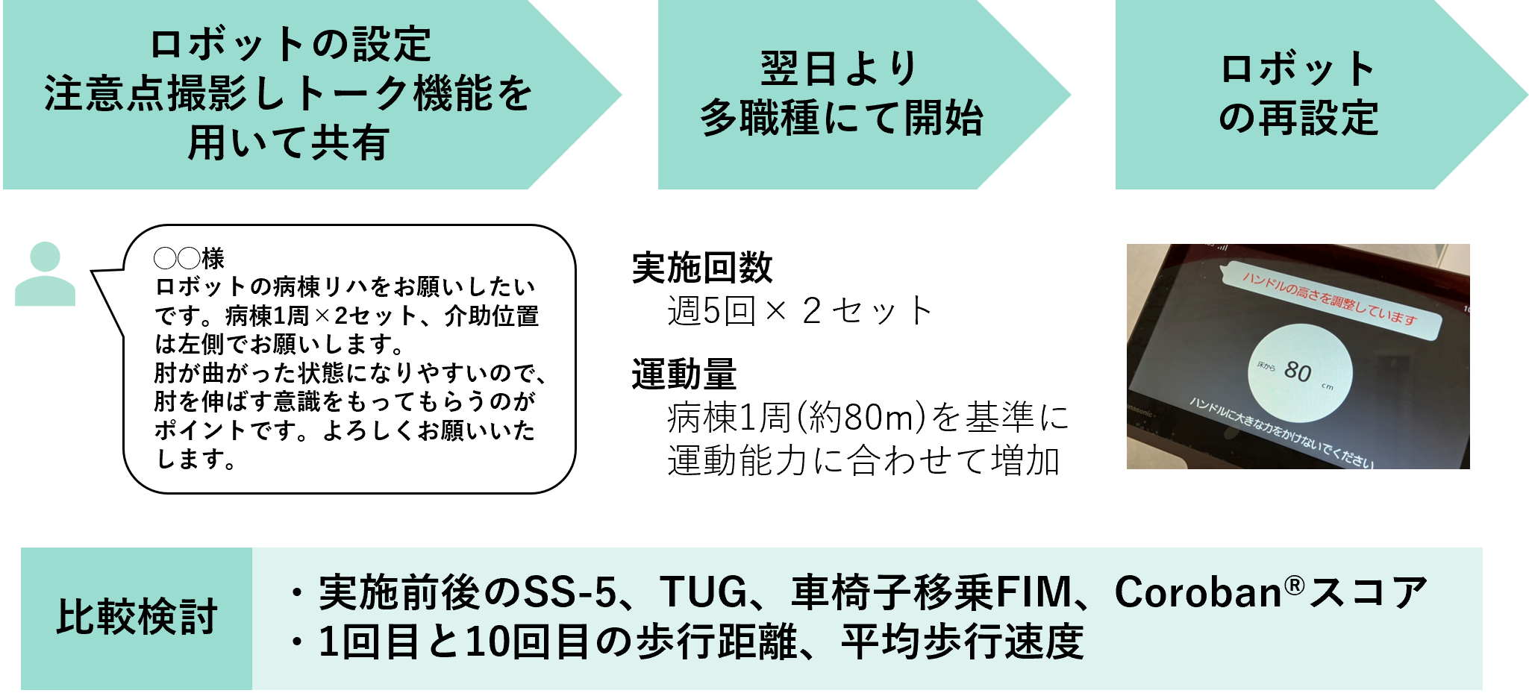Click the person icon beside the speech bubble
[46, 274]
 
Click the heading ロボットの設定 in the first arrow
[290, 44]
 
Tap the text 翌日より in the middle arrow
[839, 69]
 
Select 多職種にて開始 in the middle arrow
[841, 118]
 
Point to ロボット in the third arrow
[1298, 69]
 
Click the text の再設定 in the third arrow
[1298, 118]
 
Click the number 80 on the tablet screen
[1298, 371]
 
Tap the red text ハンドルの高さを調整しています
[1329, 298]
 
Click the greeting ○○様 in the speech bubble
[189, 258]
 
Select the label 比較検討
[137, 617]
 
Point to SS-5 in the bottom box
[570, 592]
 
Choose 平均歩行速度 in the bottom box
[962, 642]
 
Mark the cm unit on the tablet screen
[1328, 386]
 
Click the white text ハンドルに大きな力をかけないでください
[1281, 433]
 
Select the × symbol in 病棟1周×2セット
[322, 316]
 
